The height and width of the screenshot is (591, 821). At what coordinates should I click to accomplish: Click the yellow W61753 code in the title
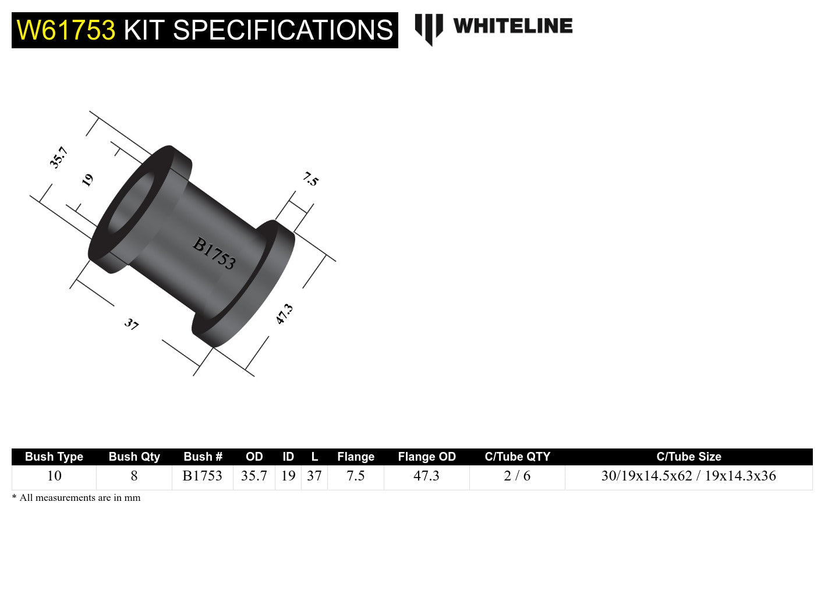[x=66, y=30]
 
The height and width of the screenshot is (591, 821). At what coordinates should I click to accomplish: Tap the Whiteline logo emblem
[x=429, y=29]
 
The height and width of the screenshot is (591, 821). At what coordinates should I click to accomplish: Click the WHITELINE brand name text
[x=512, y=26]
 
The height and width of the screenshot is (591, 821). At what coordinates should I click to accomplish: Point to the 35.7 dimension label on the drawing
[x=59, y=158]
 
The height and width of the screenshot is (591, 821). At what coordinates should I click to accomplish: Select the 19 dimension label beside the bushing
[x=87, y=180]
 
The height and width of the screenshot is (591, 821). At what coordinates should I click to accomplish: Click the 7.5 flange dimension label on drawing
[x=311, y=179]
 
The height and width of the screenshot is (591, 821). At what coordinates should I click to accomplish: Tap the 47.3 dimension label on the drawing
[x=284, y=314]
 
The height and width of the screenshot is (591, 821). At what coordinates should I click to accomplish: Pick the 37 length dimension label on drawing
[x=132, y=324]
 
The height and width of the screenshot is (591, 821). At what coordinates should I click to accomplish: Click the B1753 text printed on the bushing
[x=214, y=254]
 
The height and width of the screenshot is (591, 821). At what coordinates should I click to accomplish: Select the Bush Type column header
[x=54, y=457]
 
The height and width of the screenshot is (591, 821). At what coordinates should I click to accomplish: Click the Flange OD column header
[x=426, y=457]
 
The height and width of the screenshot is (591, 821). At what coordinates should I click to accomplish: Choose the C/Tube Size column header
[x=688, y=457]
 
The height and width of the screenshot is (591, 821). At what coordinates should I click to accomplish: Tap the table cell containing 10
[x=54, y=476]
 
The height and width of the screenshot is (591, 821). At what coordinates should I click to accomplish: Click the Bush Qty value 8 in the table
[x=134, y=476]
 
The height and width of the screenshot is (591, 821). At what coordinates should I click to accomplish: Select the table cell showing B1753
[x=202, y=476]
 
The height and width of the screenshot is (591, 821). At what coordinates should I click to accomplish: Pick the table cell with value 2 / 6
[x=517, y=476]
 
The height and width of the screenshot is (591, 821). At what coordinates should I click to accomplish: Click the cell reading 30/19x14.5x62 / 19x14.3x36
[x=688, y=476]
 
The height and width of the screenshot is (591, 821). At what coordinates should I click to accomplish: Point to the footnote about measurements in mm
[x=76, y=498]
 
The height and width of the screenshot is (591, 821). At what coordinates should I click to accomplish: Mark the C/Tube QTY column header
[x=517, y=457]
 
